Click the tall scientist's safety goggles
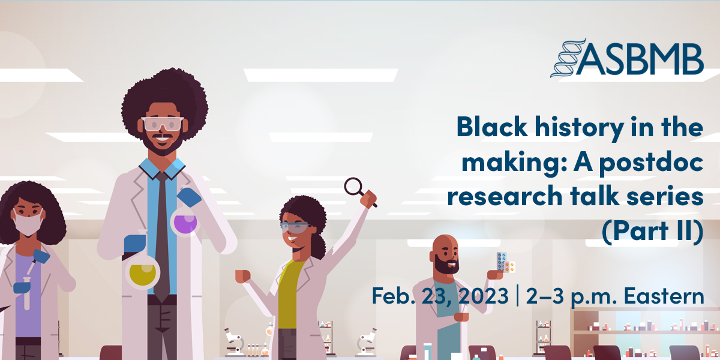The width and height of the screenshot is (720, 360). (163, 124)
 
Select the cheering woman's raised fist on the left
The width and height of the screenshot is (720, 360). (242, 275)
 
